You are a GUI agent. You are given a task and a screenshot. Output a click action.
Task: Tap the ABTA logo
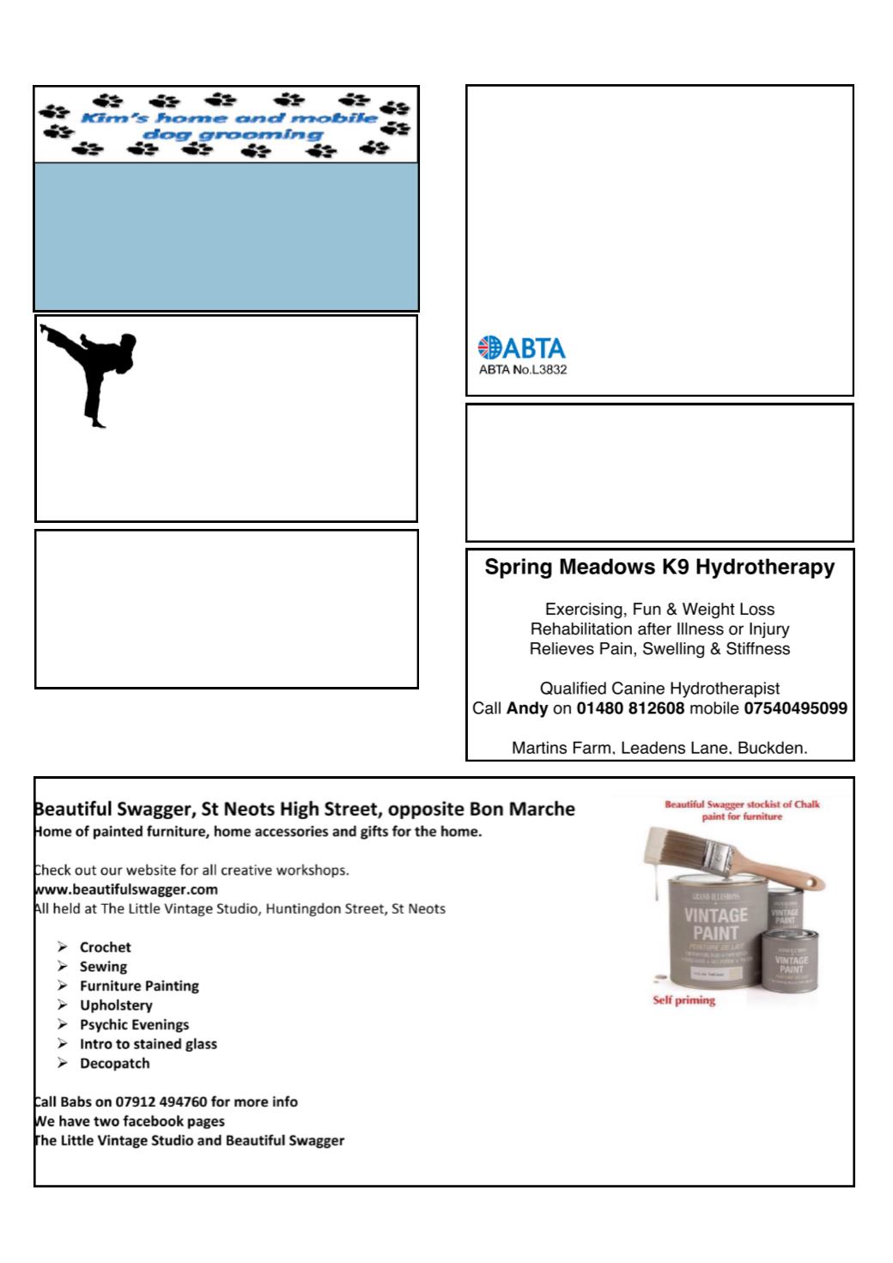[521, 348]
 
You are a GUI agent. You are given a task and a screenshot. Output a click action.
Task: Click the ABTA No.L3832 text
[522, 370]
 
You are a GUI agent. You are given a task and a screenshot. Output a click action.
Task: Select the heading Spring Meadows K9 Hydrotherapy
[659, 568]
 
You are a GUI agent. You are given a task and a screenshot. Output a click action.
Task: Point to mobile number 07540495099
[795, 709]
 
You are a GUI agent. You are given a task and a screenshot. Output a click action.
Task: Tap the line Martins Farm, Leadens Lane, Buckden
[659, 748]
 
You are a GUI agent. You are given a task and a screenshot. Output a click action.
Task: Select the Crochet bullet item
[105, 947]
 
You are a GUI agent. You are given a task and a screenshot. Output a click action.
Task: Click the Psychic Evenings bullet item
[134, 1024]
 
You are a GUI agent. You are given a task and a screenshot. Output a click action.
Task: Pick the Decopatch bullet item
[114, 1063]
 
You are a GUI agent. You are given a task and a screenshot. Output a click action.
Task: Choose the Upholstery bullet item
[116, 1005]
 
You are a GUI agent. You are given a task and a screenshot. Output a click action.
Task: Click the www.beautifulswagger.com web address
[125, 889]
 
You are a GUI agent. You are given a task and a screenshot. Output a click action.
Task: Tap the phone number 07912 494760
[162, 1102]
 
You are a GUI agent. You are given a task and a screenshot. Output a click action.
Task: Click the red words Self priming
[684, 1000]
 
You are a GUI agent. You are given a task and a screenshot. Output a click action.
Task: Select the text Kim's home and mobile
[228, 118]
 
